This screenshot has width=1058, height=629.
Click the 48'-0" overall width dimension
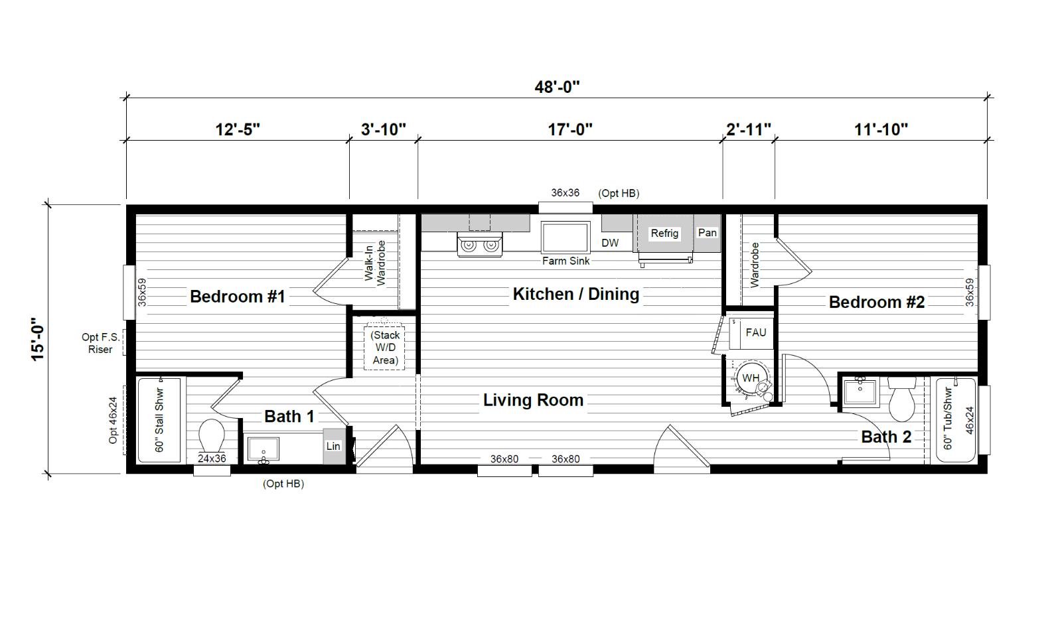(557, 88)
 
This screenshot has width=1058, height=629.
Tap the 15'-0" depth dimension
(38, 339)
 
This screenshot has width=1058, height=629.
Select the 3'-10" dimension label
(384, 129)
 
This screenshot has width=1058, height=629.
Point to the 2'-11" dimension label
(749, 129)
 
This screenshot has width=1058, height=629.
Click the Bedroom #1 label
(238, 297)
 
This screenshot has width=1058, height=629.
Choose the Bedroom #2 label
(877, 302)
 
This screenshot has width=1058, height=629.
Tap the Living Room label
(533, 401)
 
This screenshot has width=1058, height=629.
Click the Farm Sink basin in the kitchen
(566, 238)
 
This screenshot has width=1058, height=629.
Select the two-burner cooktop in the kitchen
(479, 245)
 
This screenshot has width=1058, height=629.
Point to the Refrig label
(664, 234)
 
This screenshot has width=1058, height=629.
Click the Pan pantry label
(708, 233)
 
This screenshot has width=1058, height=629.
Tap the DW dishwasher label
(610, 243)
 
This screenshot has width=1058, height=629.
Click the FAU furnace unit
(751, 333)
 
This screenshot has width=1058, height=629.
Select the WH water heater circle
(751, 378)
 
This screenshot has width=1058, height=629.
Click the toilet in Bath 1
(212, 435)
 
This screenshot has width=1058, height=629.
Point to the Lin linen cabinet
(333, 447)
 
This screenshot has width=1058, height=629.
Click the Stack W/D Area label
(385, 348)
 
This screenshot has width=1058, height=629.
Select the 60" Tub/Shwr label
(948, 419)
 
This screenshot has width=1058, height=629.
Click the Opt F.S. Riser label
(101, 343)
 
